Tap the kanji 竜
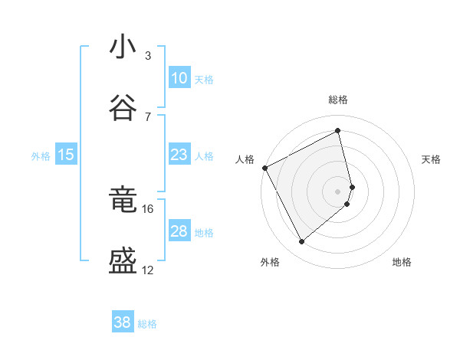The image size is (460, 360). pyautogui.click(x=123, y=201)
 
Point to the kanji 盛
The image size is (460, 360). pyautogui.click(x=123, y=262)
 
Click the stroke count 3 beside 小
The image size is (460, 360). pyautogui.click(x=148, y=55)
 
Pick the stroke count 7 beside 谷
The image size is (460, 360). pyautogui.click(x=148, y=116)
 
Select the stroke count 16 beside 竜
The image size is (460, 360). pyautogui.click(x=148, y=208)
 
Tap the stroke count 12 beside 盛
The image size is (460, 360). pyautogui.click(x=148, y=270)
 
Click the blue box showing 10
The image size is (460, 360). pyautogui.click(x=179, y=78)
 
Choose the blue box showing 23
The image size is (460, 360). pyautogui.click(x=179, y=155)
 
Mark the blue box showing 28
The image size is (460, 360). pyautogui.click(x=179, y=231)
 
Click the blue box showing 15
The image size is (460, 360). pyautogui.click(x=66, y=155)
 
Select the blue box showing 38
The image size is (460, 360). pyautogui.click(x=123, y=322)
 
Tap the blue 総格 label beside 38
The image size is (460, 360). pyautogui.click(x=147, y=324)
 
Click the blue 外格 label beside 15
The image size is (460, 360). pyautogui.click(x=41, y=156)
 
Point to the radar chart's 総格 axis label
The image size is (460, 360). pyautogui.click(x=338, y=100)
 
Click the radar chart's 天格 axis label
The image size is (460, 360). pyautogui.click(x=432, y=159)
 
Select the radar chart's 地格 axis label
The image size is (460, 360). pyautogui.click(x=402, y=262)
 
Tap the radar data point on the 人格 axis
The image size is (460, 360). pyautogui.click(x=264, y=168)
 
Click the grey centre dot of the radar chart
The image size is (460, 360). pyautogui.click(x=338, y=191)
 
